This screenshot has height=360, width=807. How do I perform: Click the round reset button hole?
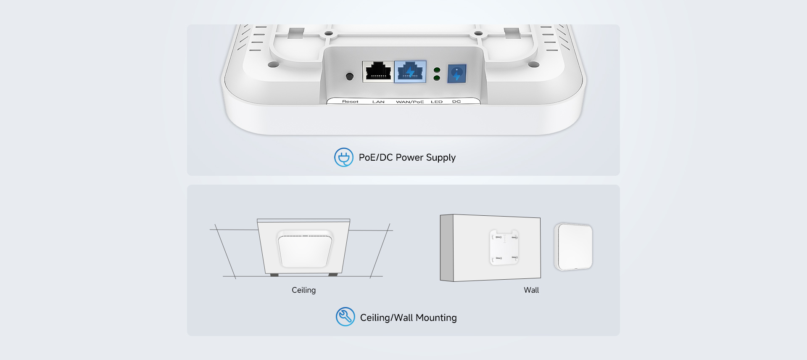[x=349, y=77]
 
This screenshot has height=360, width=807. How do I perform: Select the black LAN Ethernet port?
[x=378, y=71]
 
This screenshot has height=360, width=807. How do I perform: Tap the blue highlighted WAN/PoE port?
[x=410, y=71]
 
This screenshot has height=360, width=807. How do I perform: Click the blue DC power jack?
[x=457, y=74]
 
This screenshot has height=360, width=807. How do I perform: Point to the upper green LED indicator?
[x=437, y=70]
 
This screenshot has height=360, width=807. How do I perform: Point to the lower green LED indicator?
[x=437, y=78]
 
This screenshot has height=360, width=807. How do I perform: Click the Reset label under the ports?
[x=350, y=102]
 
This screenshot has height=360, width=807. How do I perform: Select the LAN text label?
[x=378, y=102]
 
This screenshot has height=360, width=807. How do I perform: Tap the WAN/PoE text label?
[x=410, y=102]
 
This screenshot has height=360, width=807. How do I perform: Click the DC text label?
[x=456, y=102]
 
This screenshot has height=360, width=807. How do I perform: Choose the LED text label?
[x=437, y=102]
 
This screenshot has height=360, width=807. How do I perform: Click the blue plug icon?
[x=344, y=157]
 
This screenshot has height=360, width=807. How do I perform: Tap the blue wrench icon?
[x=345, y=317]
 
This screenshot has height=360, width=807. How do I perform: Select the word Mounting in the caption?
[x=436, y=318]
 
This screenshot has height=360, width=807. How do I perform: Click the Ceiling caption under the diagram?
[x=303, y=290]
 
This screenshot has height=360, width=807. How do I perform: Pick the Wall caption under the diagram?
[x=531, y=290]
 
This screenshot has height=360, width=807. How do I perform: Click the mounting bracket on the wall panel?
[x=504, y=247]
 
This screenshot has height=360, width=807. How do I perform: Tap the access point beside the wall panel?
[x=573, y=247]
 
